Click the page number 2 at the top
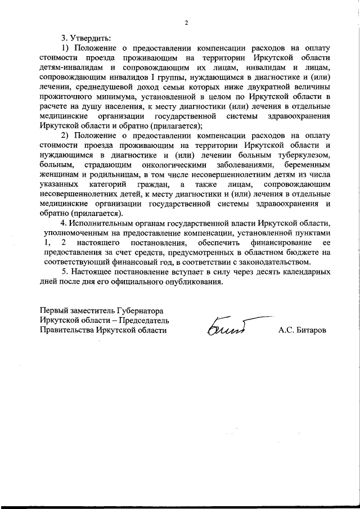185,22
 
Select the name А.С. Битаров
301,331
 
